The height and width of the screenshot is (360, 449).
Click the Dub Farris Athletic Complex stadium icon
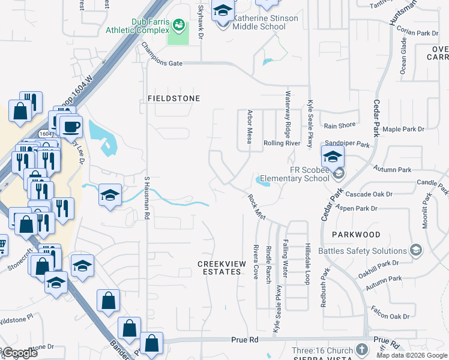178,25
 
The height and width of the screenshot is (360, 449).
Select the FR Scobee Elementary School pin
333,157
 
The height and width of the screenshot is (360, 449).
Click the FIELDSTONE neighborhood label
174,98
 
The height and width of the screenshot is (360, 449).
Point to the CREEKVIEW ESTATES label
220,268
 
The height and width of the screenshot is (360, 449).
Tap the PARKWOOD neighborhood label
358,235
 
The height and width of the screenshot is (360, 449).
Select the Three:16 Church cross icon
361,349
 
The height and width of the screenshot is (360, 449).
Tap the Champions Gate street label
161,54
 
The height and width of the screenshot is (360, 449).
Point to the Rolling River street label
282,143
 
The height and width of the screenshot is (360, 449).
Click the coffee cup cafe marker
71,127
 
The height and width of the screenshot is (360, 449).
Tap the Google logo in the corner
20,353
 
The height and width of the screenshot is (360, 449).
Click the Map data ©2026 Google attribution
412,355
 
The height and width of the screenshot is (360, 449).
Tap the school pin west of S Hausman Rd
110,195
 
